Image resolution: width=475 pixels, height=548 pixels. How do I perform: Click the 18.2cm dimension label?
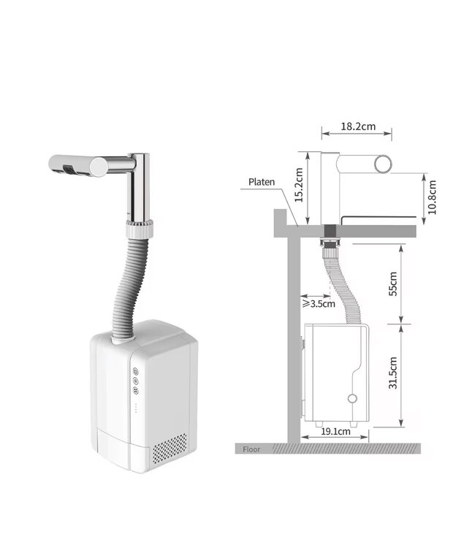[x=358, y=126]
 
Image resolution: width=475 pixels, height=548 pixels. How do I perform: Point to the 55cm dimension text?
[x=392, y=283]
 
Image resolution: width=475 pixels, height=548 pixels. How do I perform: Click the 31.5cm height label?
[x=392, y=373]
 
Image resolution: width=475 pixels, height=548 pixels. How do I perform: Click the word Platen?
[x=262, y=182]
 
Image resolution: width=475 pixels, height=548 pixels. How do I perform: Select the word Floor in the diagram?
[x=251, y=449]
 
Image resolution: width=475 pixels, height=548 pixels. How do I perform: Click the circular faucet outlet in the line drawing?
[x=383, y=164]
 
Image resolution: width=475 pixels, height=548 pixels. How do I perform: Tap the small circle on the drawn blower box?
[x=352, y=398]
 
